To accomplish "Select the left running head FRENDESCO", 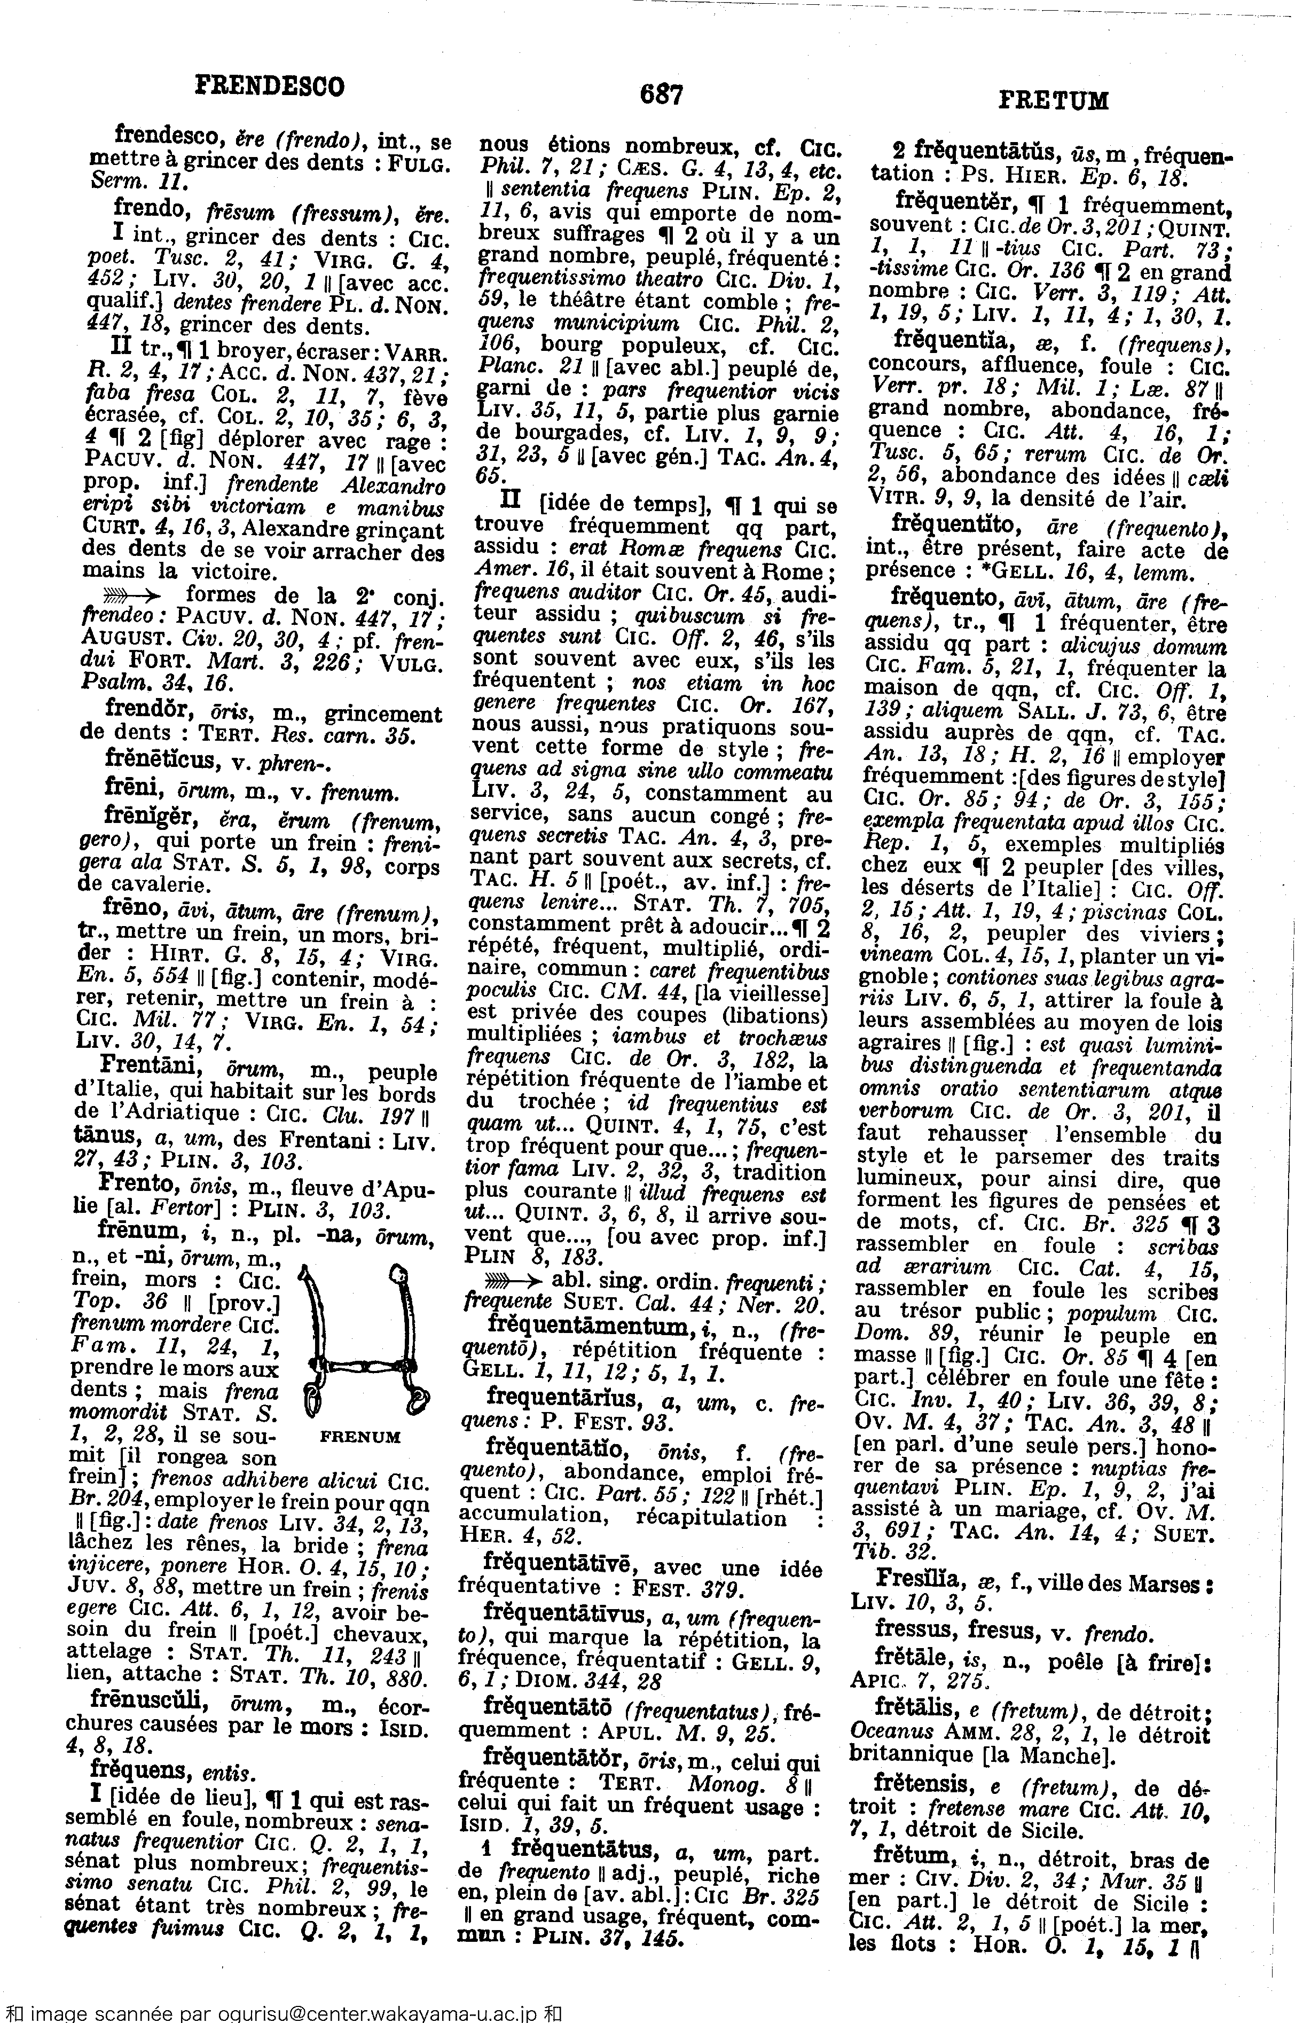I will click(269, 86).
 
